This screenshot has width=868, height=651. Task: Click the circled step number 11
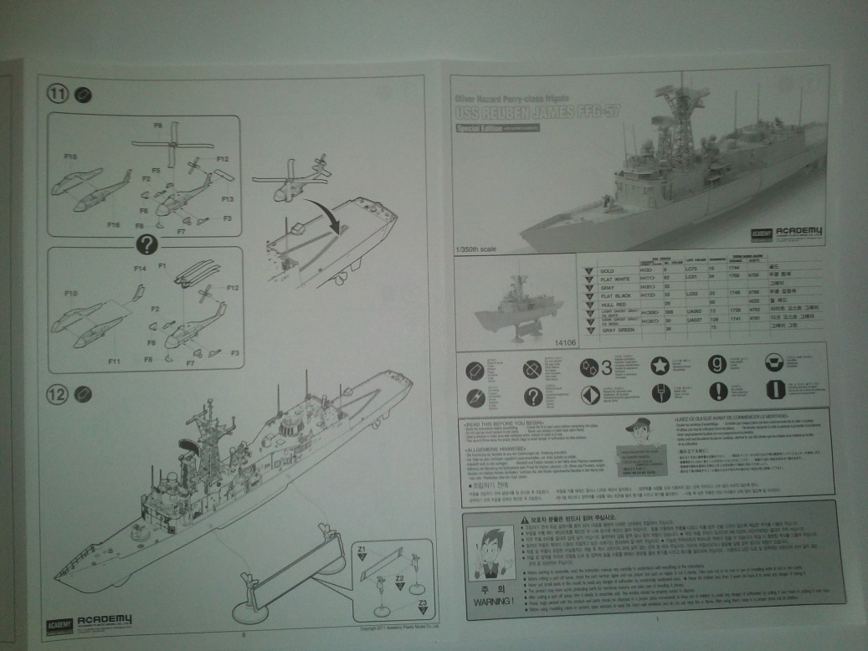56,95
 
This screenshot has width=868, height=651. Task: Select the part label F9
158,126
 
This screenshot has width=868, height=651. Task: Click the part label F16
114,225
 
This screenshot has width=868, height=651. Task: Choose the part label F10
72,295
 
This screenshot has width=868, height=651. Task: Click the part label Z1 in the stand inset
362,549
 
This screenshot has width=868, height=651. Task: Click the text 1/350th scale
478,248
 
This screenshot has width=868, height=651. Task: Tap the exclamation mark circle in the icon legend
718,392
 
